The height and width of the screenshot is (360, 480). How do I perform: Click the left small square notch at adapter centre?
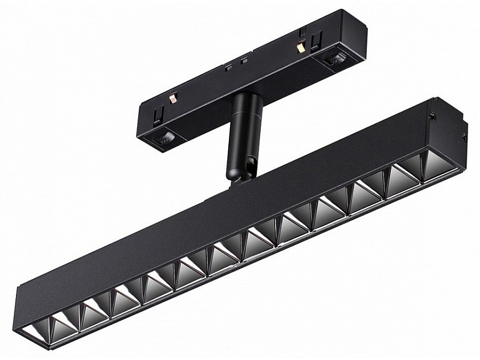tap(228, 67)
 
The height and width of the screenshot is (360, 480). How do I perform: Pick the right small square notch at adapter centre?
tap(244, 61)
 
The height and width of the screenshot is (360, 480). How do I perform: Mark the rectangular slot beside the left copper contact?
tap(158, 114)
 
